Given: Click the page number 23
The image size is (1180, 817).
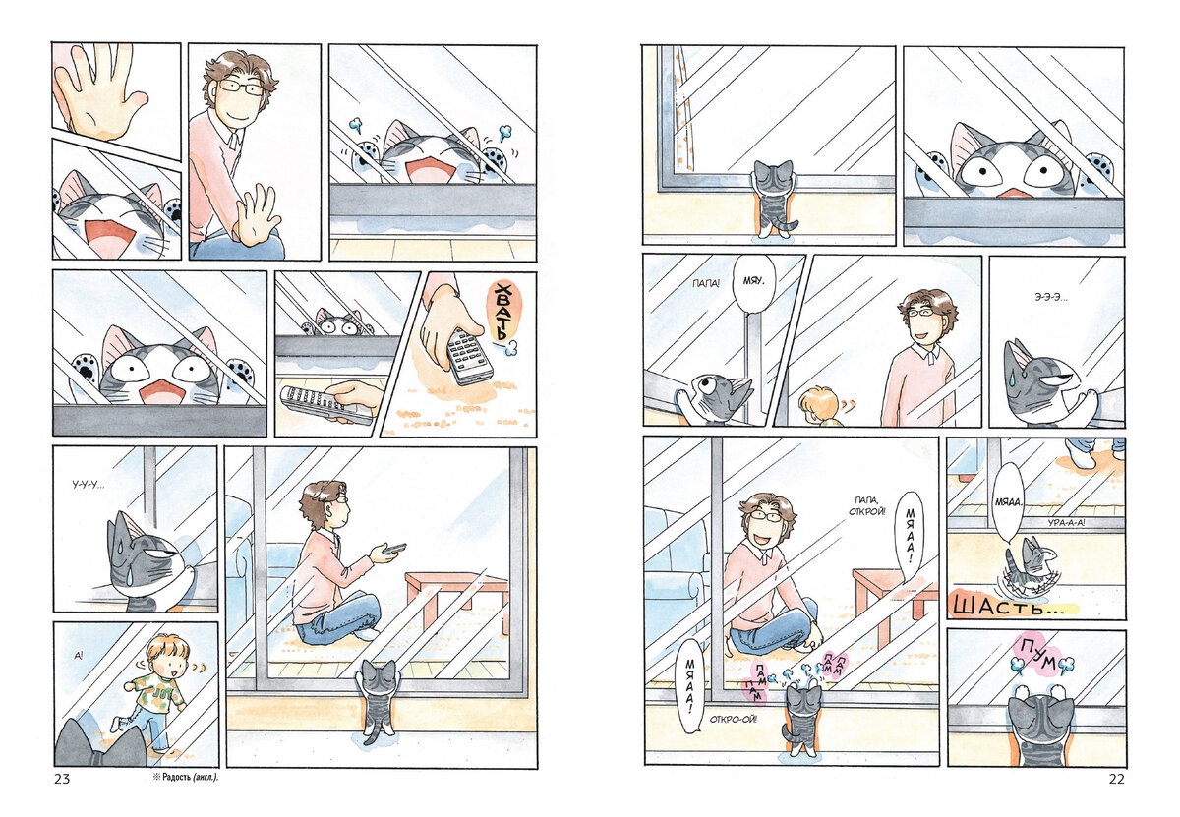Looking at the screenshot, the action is click(62, 779).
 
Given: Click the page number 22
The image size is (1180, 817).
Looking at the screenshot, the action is click(1116, 779).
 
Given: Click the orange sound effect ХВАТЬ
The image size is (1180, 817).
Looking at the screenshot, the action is click(504, 312).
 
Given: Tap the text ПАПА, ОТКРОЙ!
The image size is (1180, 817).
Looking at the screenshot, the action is click(867, 505).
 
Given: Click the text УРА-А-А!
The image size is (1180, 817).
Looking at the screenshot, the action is click(1066, 523).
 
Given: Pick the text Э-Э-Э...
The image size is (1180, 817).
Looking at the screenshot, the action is click(1051, 297).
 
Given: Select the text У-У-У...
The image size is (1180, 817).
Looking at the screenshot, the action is click(88, 484).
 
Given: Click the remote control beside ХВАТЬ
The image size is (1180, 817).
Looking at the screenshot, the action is click(469, 357).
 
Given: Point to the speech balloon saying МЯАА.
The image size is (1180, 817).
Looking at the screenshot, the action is click(1008, 502).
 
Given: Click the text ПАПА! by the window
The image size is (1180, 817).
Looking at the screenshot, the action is click(706, 284).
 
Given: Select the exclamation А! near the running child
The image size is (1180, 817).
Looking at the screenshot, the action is click(79, 657).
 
